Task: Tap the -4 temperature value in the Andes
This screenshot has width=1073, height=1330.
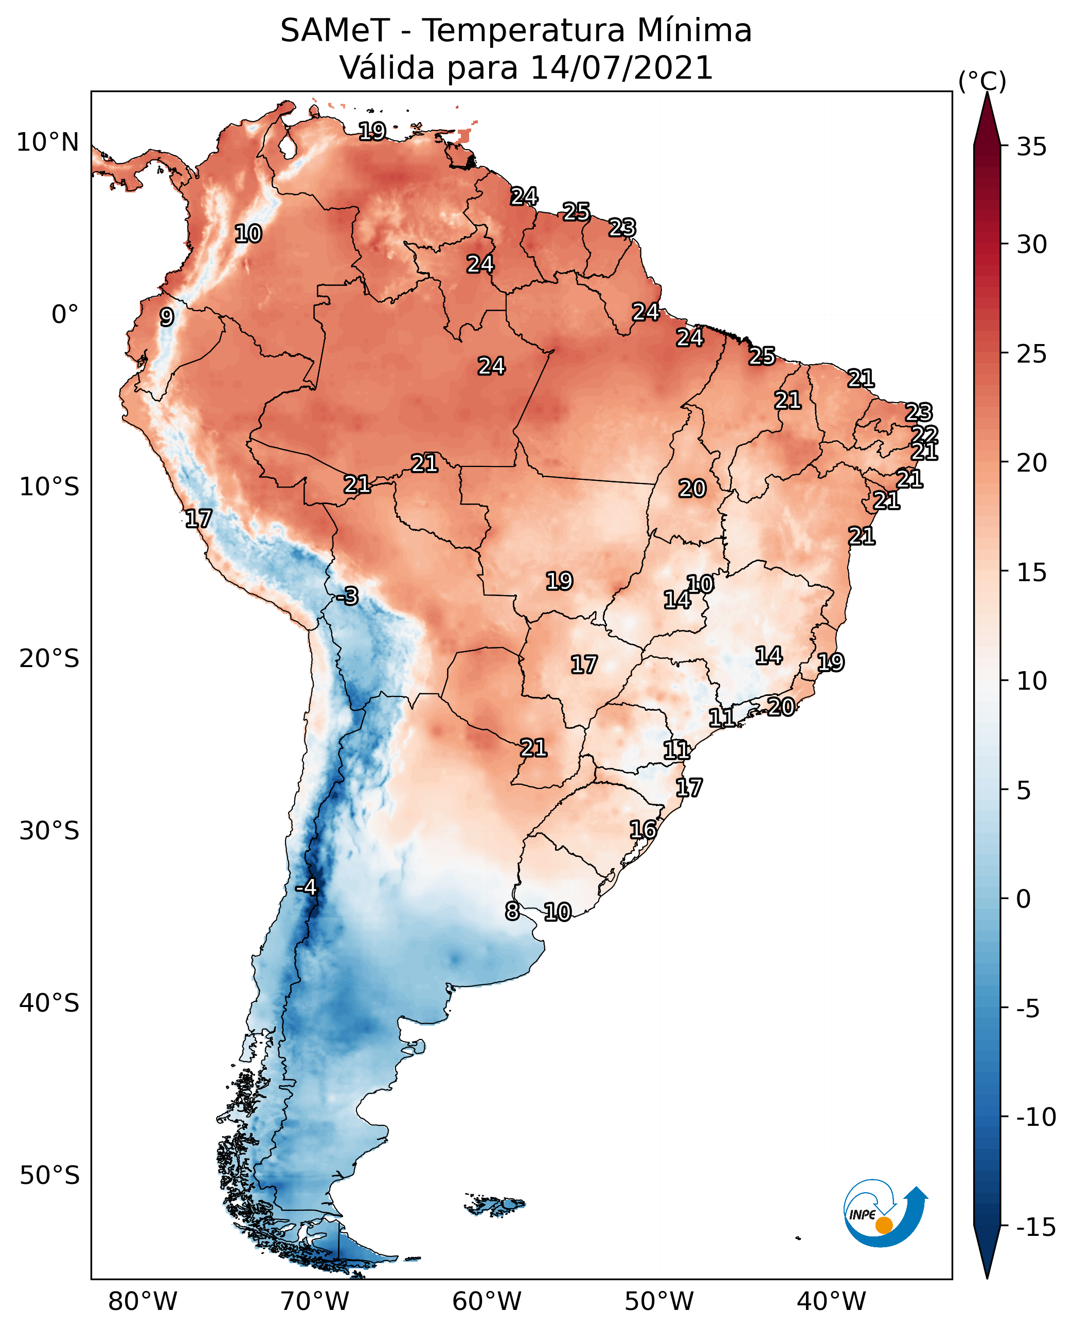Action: click(306, 887)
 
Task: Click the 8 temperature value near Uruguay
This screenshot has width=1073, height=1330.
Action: click(512, 911)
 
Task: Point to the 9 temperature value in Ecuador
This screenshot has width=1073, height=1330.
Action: click(166, 317)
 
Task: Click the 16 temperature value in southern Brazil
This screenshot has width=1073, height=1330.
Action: click(643, 830)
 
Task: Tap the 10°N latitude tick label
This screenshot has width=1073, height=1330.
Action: click(48, 143)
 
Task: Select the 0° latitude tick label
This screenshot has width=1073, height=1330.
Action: click(65, 315)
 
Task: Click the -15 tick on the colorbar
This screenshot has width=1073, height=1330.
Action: click(1036, 1227)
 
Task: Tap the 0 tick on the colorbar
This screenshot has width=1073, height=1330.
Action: click(1024, 899)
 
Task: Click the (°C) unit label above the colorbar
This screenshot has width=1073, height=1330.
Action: click(982, 81)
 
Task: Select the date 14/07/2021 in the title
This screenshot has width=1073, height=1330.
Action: click(622, 67)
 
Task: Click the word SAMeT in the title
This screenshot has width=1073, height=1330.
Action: click(335, 30)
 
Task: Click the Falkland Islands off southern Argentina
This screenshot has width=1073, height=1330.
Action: click(494, 1205)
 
